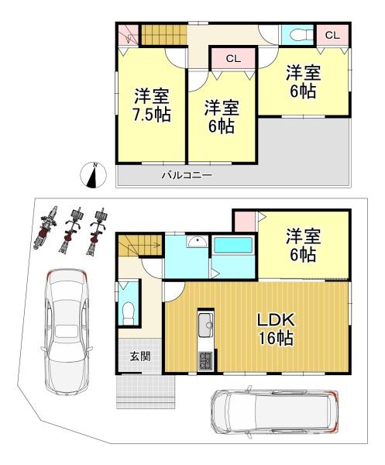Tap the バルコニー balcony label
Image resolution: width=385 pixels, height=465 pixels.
tap(187, 176)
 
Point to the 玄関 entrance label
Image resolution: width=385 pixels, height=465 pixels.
tap(139, 356)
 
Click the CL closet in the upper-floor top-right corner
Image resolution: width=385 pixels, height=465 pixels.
tap(332, 35)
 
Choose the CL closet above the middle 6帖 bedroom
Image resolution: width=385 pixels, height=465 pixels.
tap(232, 59)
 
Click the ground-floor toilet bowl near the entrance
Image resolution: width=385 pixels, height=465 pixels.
tap(129, 312)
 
